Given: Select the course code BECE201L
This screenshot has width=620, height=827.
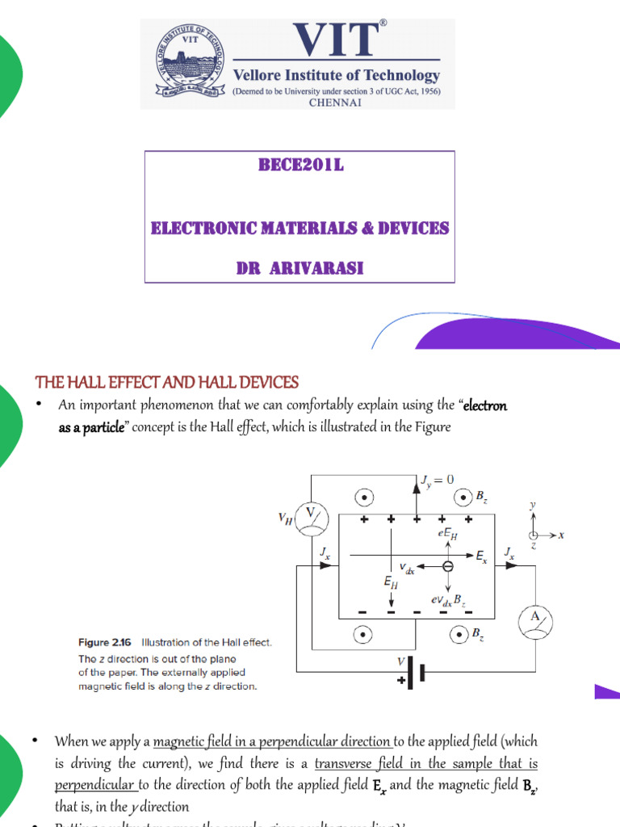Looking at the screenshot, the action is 300,166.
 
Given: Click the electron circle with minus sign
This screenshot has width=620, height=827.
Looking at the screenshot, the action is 448,567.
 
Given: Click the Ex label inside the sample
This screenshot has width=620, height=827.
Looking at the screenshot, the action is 481,556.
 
